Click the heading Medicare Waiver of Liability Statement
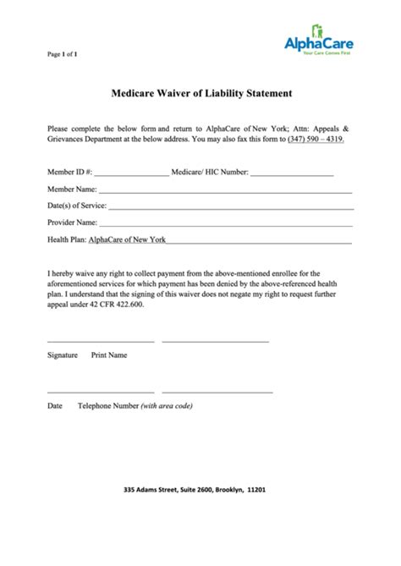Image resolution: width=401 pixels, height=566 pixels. (x=200, y=96)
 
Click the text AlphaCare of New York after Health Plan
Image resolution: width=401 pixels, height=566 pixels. (x=128, y=239)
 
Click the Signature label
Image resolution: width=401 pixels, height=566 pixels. (x=63, y=355)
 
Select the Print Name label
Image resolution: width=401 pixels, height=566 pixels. (x=109, y=355)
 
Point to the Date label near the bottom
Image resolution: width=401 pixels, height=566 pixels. (x=55, y=406)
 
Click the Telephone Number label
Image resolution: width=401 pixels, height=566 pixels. (x=107, y=406)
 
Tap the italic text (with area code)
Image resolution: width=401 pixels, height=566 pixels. (x=168, y=406)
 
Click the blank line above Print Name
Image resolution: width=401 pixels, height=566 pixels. (x=215, y=341)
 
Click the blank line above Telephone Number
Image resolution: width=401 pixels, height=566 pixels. (x=217, y=393)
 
